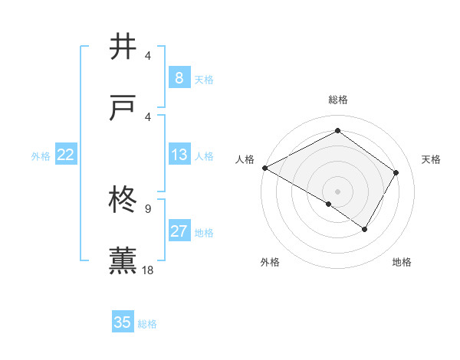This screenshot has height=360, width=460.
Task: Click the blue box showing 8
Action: (179, 78)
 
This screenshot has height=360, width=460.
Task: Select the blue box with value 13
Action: (179, 155)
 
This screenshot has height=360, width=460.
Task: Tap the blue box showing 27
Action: (179, 232)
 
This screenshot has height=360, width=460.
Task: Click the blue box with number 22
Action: (65, 155)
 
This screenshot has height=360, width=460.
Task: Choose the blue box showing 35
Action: (123, 322)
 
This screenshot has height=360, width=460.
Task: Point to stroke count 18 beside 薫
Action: (149, 270)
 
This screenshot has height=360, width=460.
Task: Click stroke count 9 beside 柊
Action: (148, 208)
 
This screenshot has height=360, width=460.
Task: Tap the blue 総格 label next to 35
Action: (147, 323)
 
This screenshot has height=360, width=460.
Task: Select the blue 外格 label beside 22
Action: (41, 156)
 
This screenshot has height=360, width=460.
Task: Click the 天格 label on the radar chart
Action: (431, 159)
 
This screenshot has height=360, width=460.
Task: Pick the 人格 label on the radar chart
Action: (245, 159)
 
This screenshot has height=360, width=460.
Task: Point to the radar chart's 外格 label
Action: (270, 262)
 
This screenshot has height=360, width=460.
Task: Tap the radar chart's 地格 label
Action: (402, 262)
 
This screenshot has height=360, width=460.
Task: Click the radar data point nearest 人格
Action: (264, 168)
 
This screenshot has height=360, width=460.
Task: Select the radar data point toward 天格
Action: (396, 173)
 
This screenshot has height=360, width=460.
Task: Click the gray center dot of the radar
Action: (337, 191)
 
